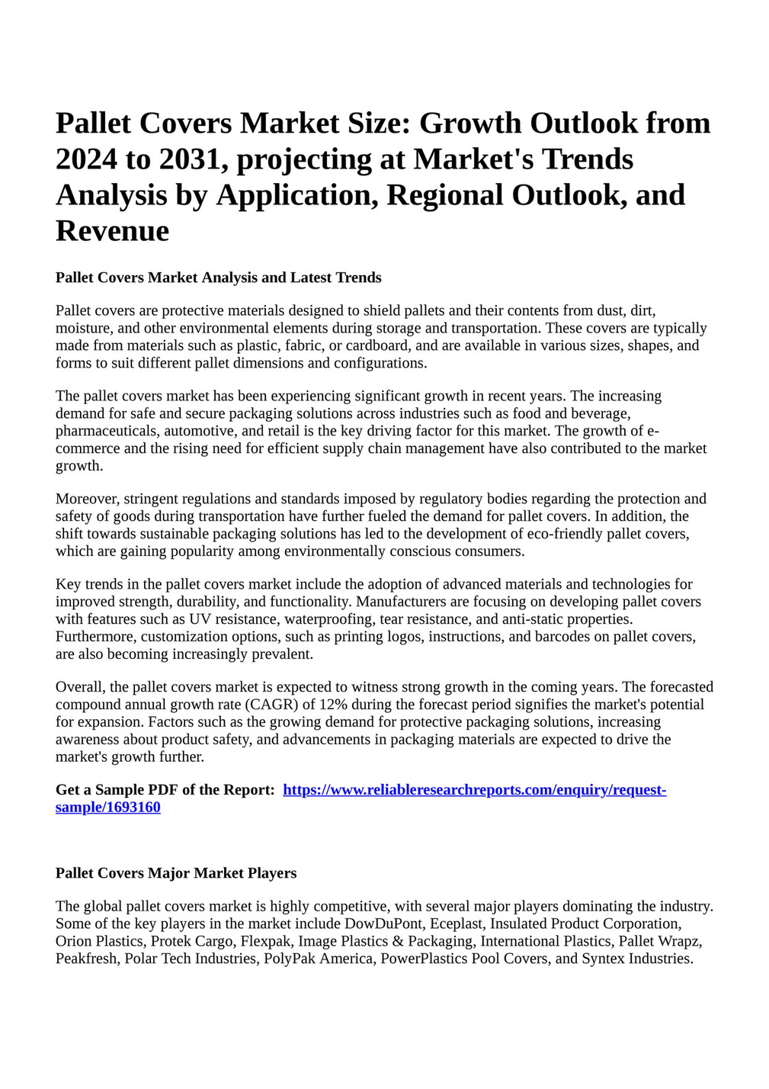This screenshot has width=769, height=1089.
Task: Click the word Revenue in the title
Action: (112, 230)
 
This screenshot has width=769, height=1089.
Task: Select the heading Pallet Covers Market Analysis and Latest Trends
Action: (218, 278)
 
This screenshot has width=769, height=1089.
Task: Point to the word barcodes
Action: (580, 637)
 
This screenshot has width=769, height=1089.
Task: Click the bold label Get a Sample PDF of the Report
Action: (165, 790)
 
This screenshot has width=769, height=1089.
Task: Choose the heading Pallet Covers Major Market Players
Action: (176, 873)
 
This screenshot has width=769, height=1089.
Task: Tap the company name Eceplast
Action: (456, 924)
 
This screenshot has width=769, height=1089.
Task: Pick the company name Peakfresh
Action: (87, 959)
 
